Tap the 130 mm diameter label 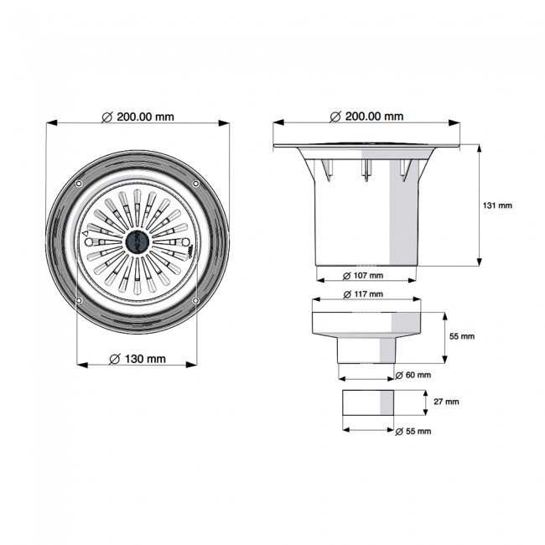138,359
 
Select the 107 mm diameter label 364,275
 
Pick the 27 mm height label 445,402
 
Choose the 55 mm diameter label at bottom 413,431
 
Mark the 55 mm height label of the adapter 462,335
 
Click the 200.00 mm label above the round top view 138,117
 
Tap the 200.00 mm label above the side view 367,117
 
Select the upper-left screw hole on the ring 79,184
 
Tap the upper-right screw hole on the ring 195,184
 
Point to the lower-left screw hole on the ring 79,300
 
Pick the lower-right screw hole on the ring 195,300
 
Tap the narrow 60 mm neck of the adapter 367,350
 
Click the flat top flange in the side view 366,147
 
